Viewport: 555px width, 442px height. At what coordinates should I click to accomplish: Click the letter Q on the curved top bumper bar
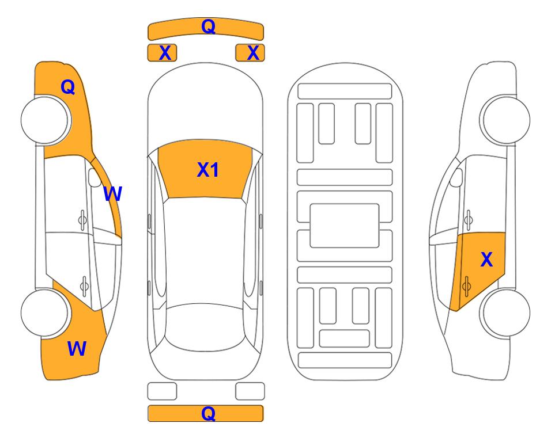tap(208, 26)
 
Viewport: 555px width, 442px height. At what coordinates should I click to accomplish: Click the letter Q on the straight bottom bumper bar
tap(208, 413)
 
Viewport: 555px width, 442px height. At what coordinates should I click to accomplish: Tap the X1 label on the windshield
tap(208, 170)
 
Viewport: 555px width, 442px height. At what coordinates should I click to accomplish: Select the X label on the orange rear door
tap(486, 260)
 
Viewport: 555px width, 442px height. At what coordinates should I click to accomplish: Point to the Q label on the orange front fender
tap(68, 87)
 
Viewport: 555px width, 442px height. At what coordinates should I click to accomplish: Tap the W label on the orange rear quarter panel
tap(77, 348)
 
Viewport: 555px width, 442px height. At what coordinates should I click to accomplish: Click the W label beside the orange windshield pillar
tap(112, 194)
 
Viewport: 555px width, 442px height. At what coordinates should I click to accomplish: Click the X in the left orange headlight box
tap(165, 53)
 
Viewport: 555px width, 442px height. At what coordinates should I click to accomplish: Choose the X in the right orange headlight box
tap(253, 53)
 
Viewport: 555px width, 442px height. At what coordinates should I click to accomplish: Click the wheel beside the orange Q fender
tap(44, 120)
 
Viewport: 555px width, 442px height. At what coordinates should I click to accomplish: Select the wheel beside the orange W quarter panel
tap(44, 313)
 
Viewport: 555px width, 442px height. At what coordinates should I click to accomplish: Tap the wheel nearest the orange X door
tap(506, 313)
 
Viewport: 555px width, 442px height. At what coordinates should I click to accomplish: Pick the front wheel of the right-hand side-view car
tap(506, 120)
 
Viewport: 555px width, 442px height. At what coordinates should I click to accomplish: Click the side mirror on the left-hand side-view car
tap(95, 177)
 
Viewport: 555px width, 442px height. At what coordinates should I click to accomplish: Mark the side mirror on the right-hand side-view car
tap(456, 177)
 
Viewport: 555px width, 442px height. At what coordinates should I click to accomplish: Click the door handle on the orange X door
tap(466, 286)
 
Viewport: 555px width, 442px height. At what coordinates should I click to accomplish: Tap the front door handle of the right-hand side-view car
tap(469, 220)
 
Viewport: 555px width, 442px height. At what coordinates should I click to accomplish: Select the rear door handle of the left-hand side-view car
tap(84, 286)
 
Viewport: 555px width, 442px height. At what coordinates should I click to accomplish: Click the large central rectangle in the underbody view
tap(345, 226)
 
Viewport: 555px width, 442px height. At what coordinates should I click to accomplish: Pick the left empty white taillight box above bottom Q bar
tap(162, 391)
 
